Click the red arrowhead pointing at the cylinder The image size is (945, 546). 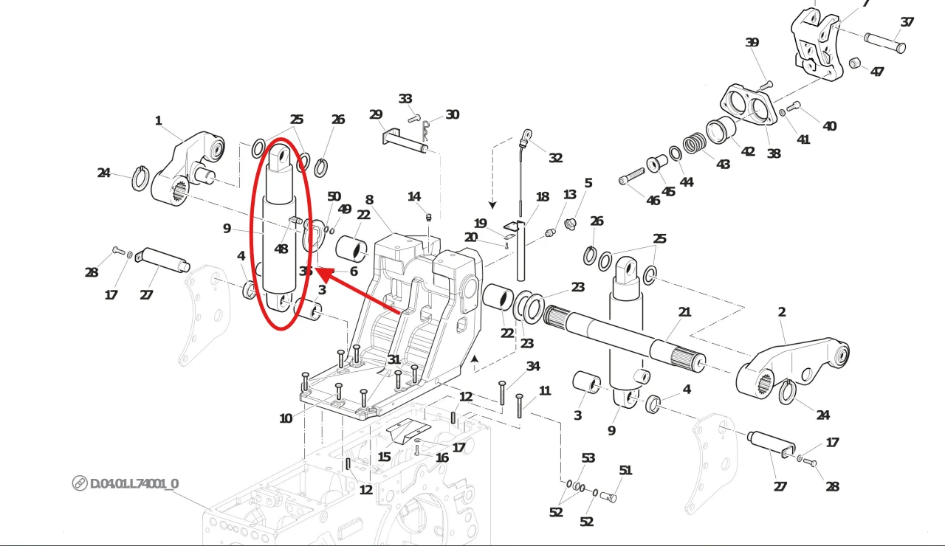click(x=323, y=273)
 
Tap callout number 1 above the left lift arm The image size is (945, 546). click(x=158, y=120)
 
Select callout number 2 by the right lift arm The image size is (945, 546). click(x=782, y=312)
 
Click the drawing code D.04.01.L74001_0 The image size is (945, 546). click(x=134, y=483)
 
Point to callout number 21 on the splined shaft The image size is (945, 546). click(x=684, y=312)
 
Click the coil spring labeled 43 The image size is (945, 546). click(x=693, y=143)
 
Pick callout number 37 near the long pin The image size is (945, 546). click(x=907, y=22)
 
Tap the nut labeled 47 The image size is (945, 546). click(x=854, y=64)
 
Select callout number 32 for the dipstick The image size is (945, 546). click(x=555, y=157)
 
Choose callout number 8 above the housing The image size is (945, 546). click(x=369, y=199)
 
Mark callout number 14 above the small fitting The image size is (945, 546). click(x=414, y=196)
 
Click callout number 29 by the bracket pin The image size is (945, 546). click(x=376, y=114)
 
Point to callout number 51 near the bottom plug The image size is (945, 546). click(x=625, y=470)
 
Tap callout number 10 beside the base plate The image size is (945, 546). click(x=286, y=418)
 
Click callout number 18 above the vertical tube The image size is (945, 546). click(x=543, y=197)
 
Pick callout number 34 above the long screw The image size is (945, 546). click(x=533, y=367)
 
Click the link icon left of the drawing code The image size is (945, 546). click(x=80, y=483)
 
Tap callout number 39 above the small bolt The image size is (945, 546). click(x=752, y=43)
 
